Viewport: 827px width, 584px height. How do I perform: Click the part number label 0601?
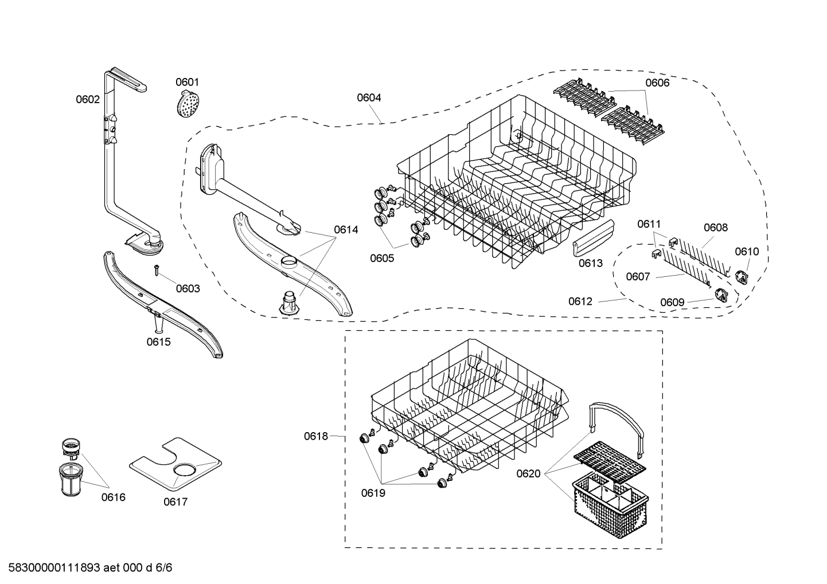187,83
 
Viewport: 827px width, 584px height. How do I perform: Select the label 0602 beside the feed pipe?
88,100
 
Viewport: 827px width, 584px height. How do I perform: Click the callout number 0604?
369,98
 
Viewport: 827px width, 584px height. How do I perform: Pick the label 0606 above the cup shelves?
657,83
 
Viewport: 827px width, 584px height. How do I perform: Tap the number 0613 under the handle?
590,263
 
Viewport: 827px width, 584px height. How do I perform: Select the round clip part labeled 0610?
743,276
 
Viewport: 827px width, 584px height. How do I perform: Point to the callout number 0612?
580,301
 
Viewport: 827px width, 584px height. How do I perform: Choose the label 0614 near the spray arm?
346,230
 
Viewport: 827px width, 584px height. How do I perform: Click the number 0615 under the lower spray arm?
158,342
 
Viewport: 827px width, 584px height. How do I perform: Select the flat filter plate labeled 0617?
175,464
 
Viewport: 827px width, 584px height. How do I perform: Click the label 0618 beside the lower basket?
316,437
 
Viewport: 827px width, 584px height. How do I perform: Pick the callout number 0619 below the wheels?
373,492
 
